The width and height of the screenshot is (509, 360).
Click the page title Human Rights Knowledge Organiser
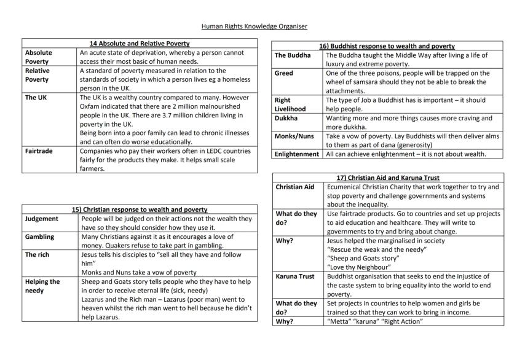tap(254, 26)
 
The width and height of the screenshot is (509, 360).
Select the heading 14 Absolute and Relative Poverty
tap(139, 44)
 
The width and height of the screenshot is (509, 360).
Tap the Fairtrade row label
tap(39, 151)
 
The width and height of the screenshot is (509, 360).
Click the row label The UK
tap(36, 98)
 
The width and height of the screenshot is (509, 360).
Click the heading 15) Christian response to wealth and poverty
tap(139, 209)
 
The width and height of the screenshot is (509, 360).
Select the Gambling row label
tap(40, 237)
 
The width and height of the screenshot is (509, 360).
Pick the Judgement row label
tap(42, 219)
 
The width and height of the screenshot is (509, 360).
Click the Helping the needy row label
tap(42, 286)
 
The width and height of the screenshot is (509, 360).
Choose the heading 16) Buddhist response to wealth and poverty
tap(387, 46)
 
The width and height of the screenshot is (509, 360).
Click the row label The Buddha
tap(293, 55)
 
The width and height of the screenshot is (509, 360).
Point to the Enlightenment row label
tap(297, 154)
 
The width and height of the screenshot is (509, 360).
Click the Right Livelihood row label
tap(290, 104)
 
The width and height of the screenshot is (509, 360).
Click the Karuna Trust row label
tap(295, 276)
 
